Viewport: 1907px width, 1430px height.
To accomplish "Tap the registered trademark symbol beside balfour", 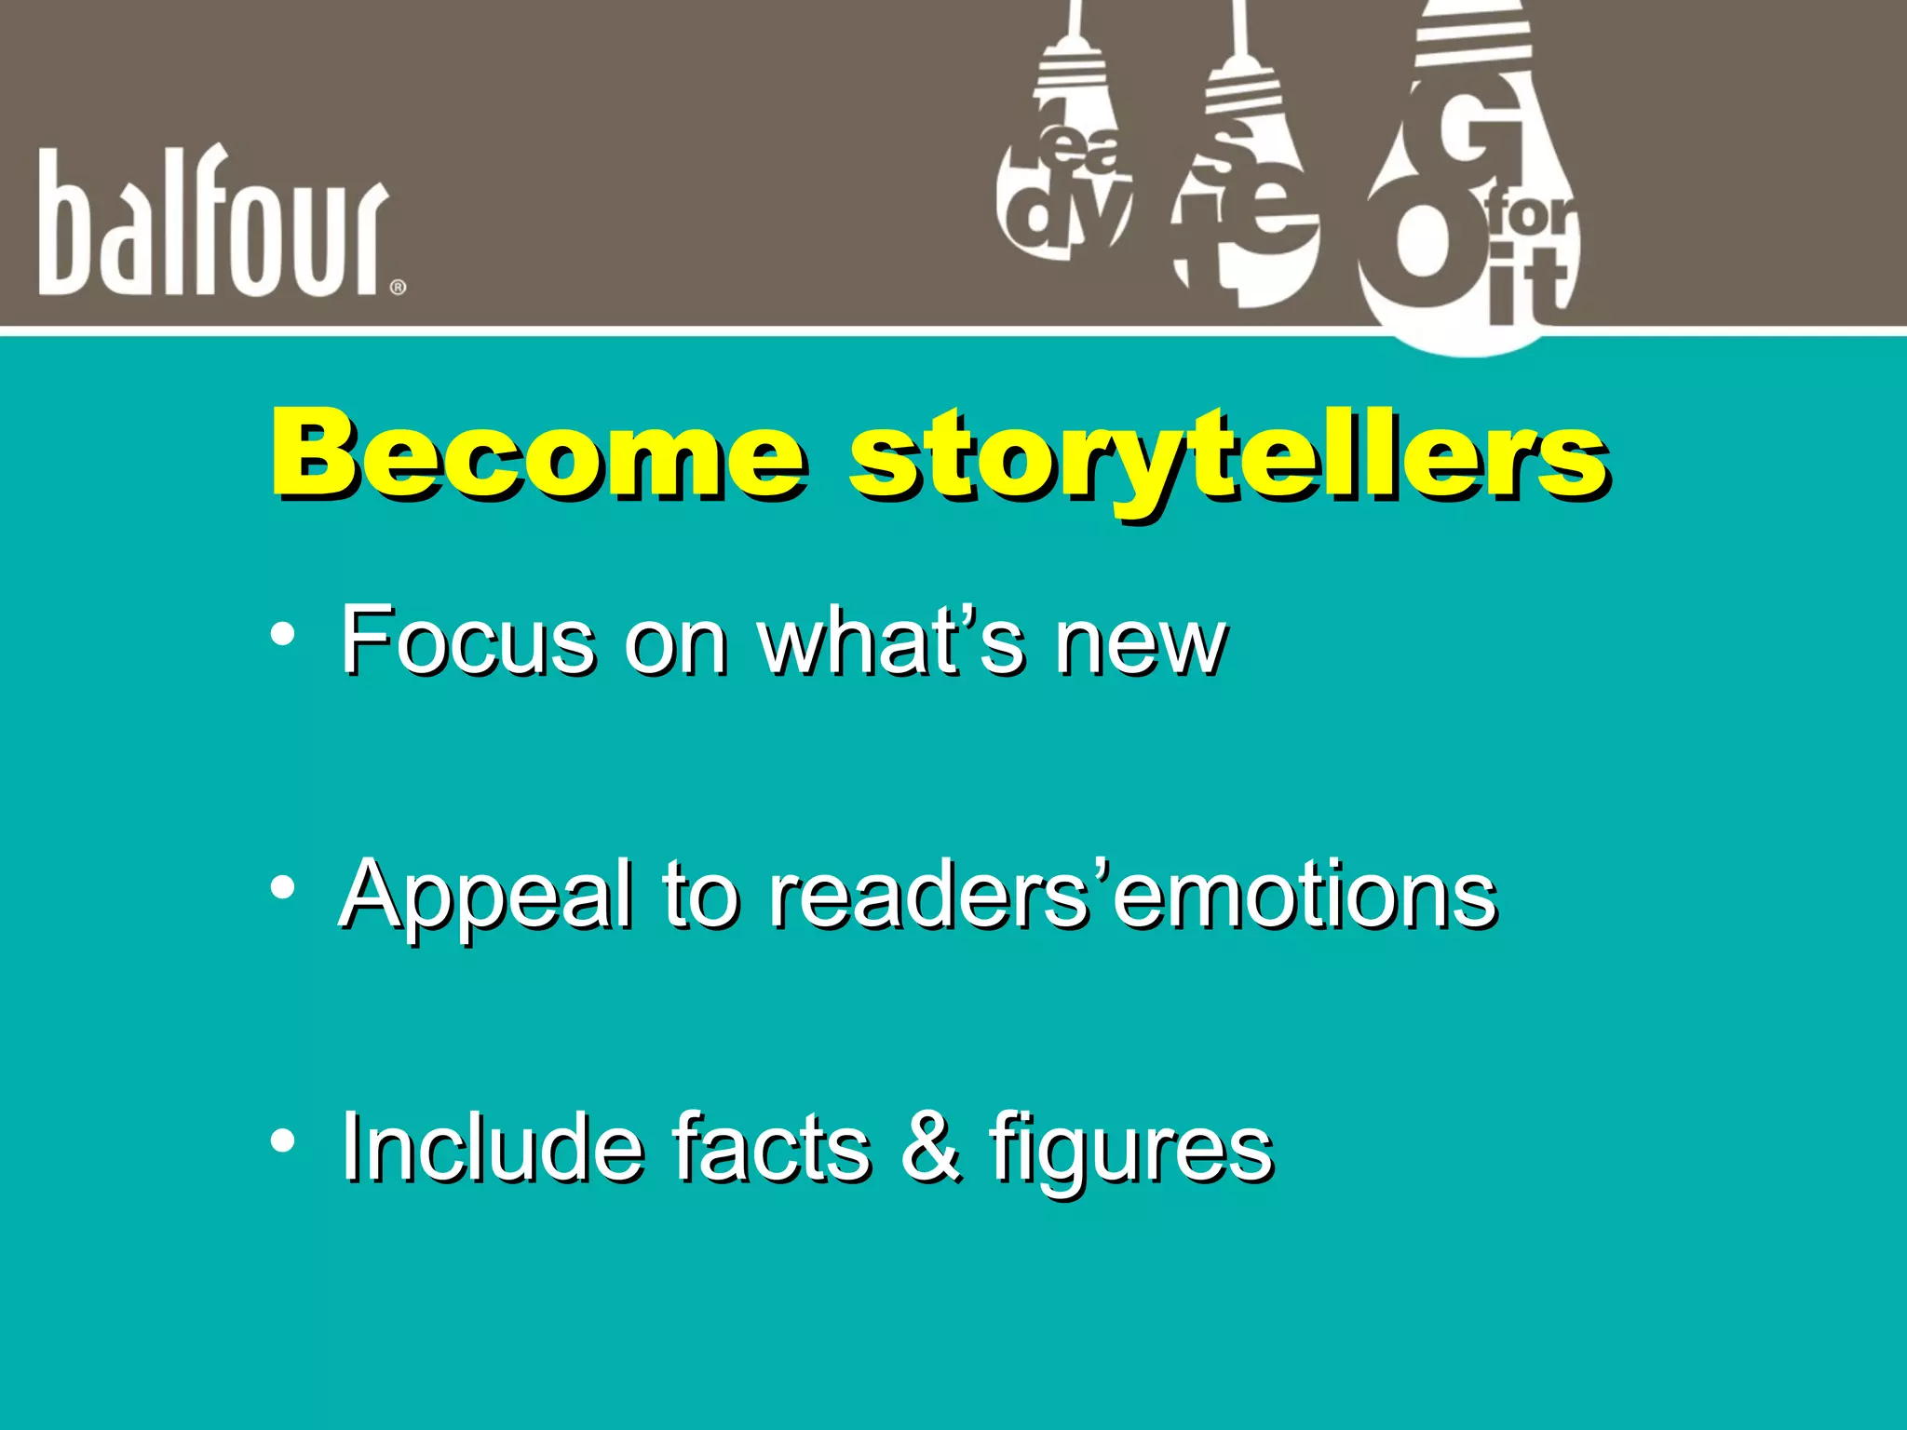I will click(x=398, y=288).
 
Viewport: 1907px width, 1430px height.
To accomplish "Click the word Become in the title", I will click(x=538, y=456).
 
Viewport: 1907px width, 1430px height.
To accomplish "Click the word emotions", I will click(x=1304, y=896).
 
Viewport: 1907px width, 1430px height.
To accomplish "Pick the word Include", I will click(x=492, y=1147).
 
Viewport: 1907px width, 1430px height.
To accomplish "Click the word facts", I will click(x=772, y=1147).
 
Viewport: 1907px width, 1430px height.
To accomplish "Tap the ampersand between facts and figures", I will click(x=929, y=1147).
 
